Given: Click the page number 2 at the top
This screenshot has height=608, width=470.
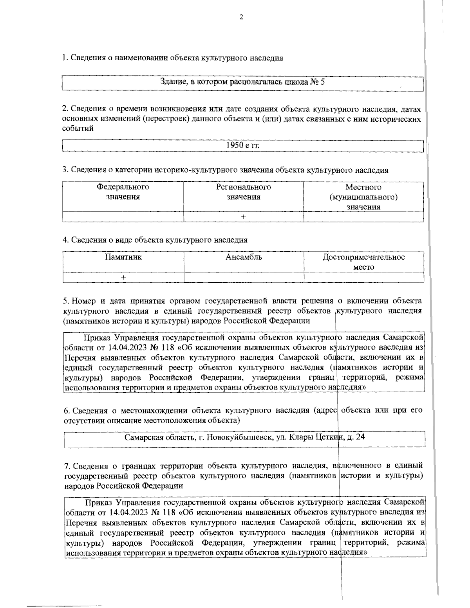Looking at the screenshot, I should click(241, 17).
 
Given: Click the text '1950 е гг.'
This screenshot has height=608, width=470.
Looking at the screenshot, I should click(243, 145).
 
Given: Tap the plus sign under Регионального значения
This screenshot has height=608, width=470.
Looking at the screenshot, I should click(244, 216).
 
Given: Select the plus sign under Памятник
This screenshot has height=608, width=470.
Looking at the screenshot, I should click(123, 277).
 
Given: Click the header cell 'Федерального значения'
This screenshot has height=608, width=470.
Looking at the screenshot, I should click(123, 192).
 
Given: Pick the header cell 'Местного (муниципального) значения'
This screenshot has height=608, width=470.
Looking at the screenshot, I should click(363, 197).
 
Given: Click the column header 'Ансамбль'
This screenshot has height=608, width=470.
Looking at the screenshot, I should click(244, 257).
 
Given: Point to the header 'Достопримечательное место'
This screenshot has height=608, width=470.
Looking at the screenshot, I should click(363, 262).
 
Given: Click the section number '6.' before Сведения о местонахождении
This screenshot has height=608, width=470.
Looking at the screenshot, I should click(66, 411).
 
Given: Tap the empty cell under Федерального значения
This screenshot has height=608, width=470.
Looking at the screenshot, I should click(123, 216).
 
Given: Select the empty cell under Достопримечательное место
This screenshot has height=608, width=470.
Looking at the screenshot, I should click(363, 277).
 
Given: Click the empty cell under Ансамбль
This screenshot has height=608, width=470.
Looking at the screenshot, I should click(244, 277).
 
